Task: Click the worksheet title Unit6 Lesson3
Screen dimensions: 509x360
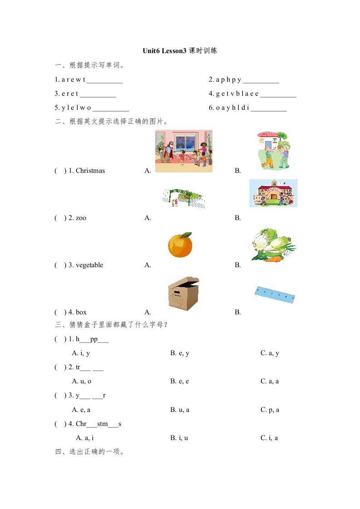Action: click(165, 51)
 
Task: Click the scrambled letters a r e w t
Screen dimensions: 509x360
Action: click(73, 80)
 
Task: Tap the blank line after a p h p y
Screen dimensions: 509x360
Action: click(261, 81)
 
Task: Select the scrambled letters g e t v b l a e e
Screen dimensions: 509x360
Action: click(239, 94)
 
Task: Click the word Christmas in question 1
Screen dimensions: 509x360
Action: click(90, 171)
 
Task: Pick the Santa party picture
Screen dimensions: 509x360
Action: click(183, 151)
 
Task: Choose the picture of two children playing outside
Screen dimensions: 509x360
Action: click(273, 151)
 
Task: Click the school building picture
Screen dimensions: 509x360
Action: click(273, 193)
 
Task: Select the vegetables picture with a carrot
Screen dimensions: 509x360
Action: click(273, 245)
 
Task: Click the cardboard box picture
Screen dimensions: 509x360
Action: click(183, 293)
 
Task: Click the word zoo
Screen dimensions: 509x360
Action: click(81, 218)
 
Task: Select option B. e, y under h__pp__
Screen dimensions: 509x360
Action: click(179, 353)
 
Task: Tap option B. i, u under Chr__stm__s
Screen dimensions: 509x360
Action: click(179, 438)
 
